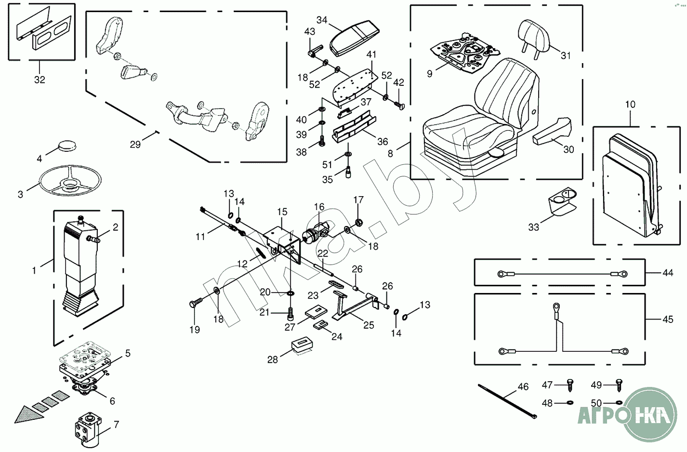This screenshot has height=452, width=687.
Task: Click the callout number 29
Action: tap(135, 144)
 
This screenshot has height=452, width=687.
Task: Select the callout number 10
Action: tap(630, 105)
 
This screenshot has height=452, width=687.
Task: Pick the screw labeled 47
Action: tap(570, 384)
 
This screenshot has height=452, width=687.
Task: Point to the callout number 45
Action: tap(668, 319)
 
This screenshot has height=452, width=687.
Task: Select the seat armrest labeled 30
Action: tap(551, 132)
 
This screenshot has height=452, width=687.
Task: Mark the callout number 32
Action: tap(40, 80)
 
